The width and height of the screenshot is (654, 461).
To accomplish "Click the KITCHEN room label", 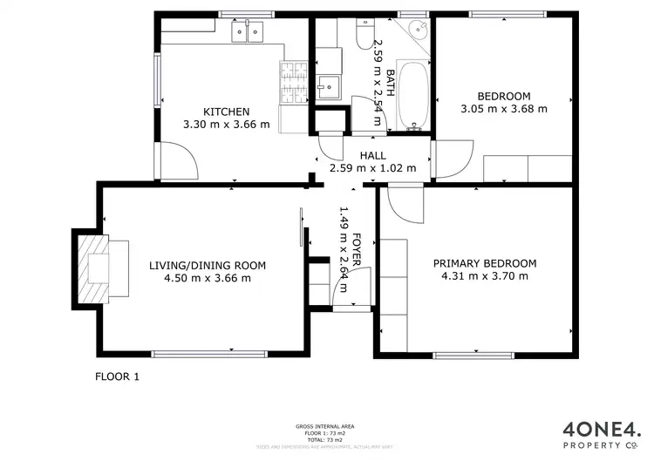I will pyautogui.click(x=227, y=112).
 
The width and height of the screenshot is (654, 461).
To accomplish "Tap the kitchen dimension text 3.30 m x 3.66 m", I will pyautogui.click(x=227, y=125).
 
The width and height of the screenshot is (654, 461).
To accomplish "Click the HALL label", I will pyautogui.click(x=372, y=156).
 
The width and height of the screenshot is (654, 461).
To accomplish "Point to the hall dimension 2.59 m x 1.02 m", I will pyautogui.click(x=372, y=168).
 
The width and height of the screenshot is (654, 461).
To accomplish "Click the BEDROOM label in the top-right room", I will pyautogui.click(x=504, y=96).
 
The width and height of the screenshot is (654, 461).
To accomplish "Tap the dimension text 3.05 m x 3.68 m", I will pyautogui.click(x=504, y=109).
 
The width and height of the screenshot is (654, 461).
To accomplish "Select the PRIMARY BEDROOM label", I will pyautogui.click(x=485, y=263).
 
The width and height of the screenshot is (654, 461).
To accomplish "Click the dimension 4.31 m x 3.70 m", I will pyautogui.click(x=485, y=276).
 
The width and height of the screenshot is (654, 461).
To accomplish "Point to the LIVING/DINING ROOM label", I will pyautogui.click(x=208, y=266).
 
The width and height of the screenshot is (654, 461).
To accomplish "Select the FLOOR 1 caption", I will pyautogui.click(x=117, y=377).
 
